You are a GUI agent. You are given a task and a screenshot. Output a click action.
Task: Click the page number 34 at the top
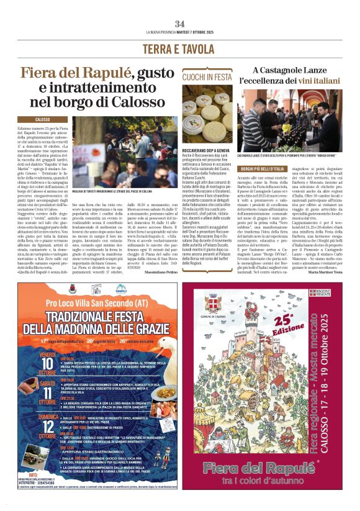coord(179,24)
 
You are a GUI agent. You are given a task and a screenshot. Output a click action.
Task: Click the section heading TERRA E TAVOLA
coord(179,48)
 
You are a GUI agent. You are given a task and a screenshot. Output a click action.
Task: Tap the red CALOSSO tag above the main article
coord(43,119)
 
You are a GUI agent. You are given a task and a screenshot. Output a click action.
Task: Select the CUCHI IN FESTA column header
coord(207,76)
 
